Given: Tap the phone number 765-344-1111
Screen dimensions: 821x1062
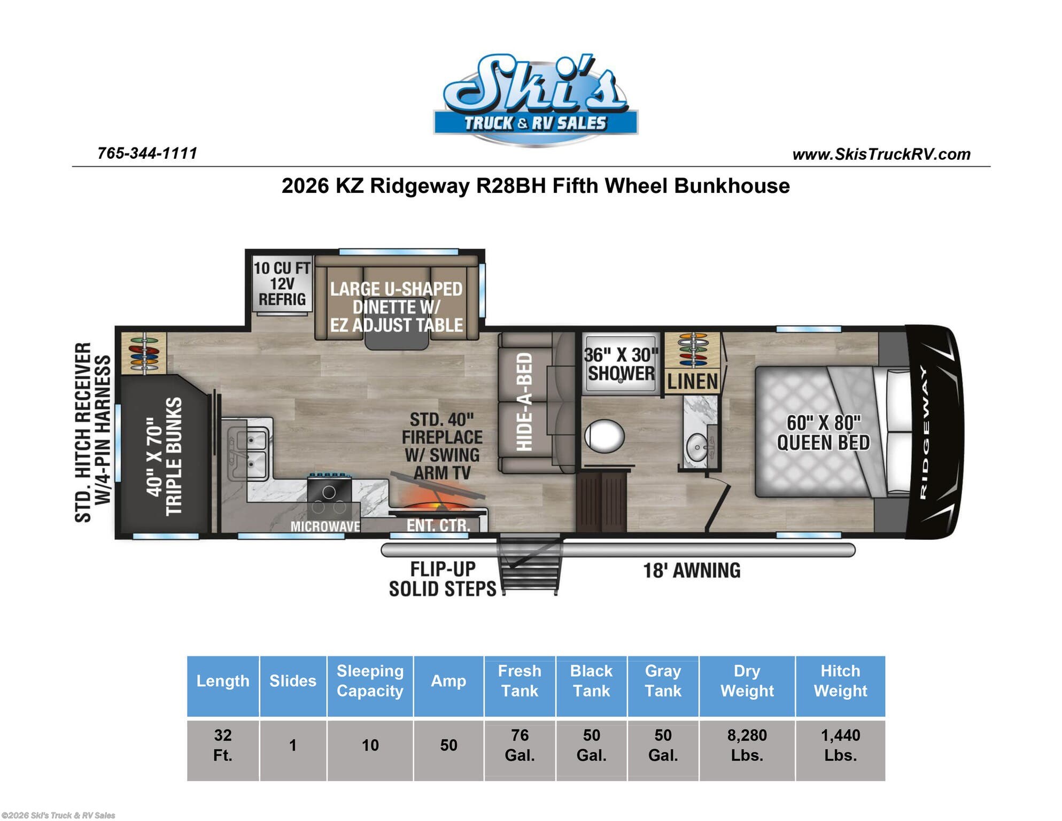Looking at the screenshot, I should (147, 153).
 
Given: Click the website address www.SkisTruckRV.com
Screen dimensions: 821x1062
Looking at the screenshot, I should (881, 154).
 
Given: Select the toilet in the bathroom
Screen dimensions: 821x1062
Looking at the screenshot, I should (604, 436).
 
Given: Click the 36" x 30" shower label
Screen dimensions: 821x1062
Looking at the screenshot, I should (620, 364).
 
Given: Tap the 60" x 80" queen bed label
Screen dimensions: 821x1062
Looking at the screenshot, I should (823, 433).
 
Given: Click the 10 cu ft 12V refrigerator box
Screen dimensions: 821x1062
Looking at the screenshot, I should (281, 284).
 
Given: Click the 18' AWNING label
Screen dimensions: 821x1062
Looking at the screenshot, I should (691, 571).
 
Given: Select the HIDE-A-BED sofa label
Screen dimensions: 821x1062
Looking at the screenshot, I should (524, 402).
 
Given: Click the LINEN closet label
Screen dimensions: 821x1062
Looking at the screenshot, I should (692, 382).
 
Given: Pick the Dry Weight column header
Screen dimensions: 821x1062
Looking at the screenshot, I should (747, 681).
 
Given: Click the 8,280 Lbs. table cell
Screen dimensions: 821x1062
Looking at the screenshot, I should (747, 746).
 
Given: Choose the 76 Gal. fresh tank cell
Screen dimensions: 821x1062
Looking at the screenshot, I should (520, 746).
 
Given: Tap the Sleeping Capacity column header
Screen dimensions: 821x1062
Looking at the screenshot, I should (370, 681).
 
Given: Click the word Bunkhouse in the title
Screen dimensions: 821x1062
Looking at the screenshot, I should (732, 186).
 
